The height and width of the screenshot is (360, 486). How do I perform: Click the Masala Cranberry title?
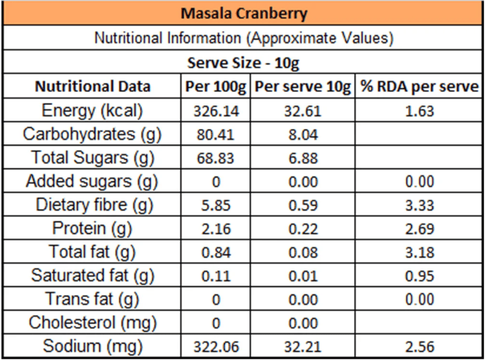click(x=243, y=13)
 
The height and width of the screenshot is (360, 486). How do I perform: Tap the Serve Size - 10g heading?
click(x=243, y=63)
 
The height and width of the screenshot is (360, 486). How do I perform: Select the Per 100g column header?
click(x=216, y=86)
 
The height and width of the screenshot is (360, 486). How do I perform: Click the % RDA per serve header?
click(x=420, y=86)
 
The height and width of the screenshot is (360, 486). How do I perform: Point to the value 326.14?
click(x=216, y=111)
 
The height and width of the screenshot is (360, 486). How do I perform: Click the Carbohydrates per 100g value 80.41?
click(x=216, y=135)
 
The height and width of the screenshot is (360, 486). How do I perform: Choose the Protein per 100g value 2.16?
click(x=216, y=229)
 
